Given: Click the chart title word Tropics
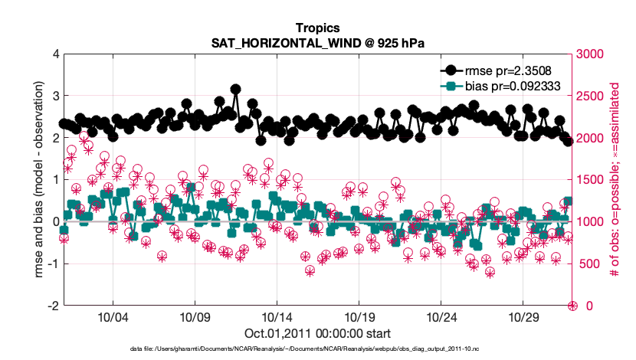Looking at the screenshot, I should click(x=317, y=29).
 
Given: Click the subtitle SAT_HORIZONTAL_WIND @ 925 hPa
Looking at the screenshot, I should click(x=317, y=44).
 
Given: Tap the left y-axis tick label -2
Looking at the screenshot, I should click(x=53, y=306).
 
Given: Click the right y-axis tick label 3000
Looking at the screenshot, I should click(x=592, y=54).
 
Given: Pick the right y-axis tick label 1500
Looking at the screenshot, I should click(x=592, y=180).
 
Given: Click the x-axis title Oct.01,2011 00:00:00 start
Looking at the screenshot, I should click(x=317, y=333).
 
